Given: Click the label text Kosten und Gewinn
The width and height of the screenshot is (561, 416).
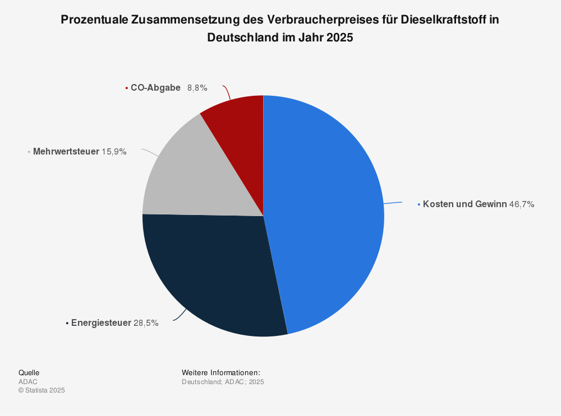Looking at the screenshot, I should click(x=465, y=204).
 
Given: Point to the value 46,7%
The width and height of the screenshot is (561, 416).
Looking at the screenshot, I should click(x=522, y=204).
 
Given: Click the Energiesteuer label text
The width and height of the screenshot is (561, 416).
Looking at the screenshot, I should click(x=101, y=323).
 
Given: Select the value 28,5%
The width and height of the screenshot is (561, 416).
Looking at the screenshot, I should click(x=146, y=323).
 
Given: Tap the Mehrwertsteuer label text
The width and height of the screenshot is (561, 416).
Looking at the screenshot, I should click(x=66, y=151).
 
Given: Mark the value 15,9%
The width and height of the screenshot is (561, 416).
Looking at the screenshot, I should click(x=114, y=151).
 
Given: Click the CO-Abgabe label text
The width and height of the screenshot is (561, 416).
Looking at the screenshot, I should click(x=155, y=88).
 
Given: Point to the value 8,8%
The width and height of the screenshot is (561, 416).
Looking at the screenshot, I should click(x=197, y=88).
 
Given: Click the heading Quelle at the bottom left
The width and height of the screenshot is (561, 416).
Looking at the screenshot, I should click(x=29, y=373).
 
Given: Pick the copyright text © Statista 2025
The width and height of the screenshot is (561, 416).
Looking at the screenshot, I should click(x=42, y=391).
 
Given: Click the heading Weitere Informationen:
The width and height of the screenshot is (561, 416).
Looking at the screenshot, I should click(x=221, y=373).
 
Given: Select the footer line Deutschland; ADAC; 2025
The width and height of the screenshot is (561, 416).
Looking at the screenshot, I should click(x=223, y=382).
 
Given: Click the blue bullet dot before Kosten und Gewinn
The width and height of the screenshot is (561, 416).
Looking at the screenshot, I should click(x=419, y=205).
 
